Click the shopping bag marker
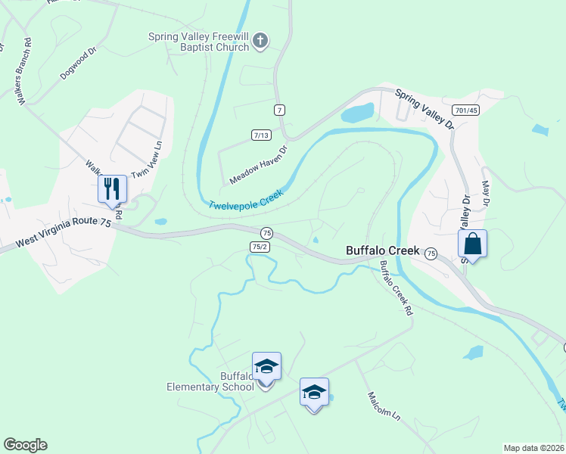pyautogui.click(x=472, y=244)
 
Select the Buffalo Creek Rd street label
pyautogui.click(x=397, y=288)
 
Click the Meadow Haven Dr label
pyautogui.click(x=260, y=165)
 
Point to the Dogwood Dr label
pyautogui.click(x=79, y=65)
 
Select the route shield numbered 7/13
pyautogui.click(x=261, y=135)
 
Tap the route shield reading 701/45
pyautogui.click(x=467, y=110)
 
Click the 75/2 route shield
pyautogui.click(x=260, y=247)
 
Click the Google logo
pyautogui.click(x=25, y=445)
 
